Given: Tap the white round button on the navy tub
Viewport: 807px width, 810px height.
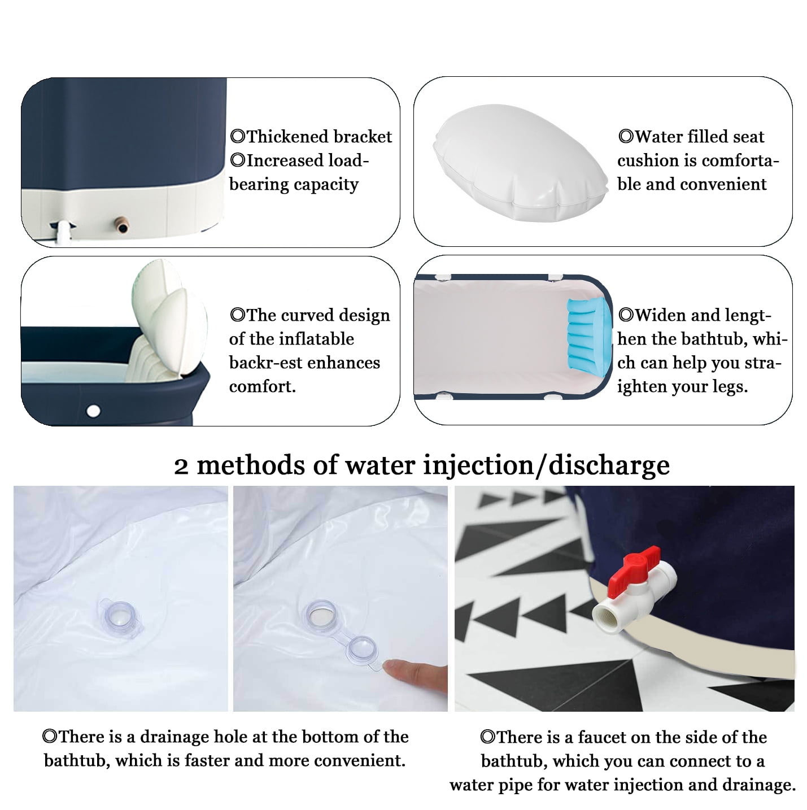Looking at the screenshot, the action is tap(93, 410).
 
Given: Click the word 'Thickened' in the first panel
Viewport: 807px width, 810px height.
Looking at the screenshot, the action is tap(281, 137).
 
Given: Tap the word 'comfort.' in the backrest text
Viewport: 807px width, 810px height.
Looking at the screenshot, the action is tap(262, 387).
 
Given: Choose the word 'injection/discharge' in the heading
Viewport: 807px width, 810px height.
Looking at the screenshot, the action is tap(546, 466).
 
